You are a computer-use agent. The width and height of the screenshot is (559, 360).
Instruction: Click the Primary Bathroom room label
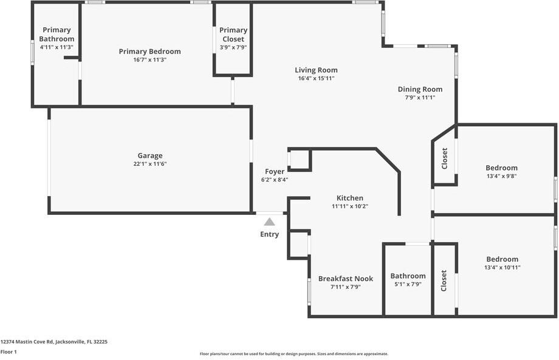(x=57, y=34)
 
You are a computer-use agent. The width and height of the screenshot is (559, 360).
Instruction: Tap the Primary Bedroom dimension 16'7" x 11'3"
(x=149, y=60)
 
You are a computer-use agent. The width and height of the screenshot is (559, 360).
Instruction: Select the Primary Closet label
(x=233, y=34)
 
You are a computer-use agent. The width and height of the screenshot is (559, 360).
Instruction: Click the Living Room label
(x=316, y=70)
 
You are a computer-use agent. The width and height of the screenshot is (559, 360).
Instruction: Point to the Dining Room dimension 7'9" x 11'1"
(x=420, y=98)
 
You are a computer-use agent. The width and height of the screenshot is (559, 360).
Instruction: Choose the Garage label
(x=149, y=155)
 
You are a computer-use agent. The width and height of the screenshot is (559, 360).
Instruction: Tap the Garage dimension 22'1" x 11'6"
(x=149, y=164)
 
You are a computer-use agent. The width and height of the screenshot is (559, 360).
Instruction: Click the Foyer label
(x=275, y=172)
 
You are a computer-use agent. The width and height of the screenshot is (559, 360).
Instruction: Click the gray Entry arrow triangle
(x=269, y=222)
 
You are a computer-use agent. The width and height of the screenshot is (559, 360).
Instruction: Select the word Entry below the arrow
(x=269, y=234)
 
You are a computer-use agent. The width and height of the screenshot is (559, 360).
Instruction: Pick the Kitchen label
(x=350, y=198)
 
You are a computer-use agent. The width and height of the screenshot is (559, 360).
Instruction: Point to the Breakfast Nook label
(x=346, y=279)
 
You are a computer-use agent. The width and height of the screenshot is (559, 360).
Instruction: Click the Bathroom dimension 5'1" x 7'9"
(x=408, y=284)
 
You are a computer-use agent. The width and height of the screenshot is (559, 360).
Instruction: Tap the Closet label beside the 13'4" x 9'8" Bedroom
(x=444, y=158)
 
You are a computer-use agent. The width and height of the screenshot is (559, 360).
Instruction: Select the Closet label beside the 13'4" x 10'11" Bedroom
(x=444, y=280)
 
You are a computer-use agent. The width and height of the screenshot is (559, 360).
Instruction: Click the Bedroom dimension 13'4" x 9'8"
(x=501, y=176)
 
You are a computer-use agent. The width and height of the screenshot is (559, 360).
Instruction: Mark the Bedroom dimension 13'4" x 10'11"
(x=502, y=267)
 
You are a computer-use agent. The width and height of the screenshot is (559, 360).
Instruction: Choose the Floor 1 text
(x=9, y=352)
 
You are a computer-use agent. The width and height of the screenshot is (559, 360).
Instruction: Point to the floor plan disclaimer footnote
(x=294, y=354)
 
